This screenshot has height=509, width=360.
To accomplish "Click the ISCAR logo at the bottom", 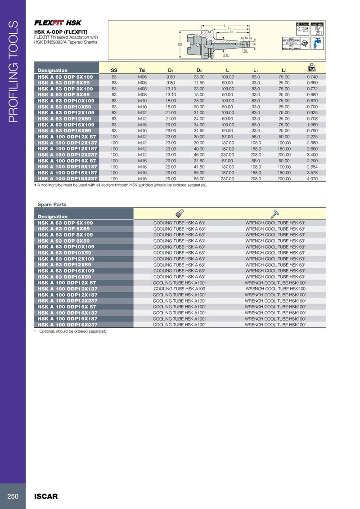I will pos(46,496).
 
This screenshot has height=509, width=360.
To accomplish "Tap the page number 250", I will pos(13,496).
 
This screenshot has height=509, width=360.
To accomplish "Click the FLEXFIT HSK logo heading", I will pos(58,23).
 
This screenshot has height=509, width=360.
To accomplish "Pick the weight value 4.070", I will pos(312,178).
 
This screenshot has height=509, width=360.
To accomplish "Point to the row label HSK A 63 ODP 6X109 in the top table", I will pos(65,77).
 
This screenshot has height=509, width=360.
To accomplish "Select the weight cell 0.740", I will pos(312,77).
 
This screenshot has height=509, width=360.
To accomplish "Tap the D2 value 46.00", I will pos(199,155).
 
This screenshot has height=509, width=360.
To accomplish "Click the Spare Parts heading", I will pos(52,205).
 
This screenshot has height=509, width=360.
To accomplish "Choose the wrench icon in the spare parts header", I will pos(275,214).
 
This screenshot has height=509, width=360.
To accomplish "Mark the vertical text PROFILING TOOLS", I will pos(13,72).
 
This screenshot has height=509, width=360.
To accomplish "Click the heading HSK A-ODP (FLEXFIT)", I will pos(61,32).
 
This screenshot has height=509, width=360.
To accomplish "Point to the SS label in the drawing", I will pos(179,45).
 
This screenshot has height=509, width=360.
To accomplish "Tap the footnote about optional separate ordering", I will pos(73,331).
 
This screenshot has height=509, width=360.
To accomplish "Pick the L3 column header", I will pos(284,71).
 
